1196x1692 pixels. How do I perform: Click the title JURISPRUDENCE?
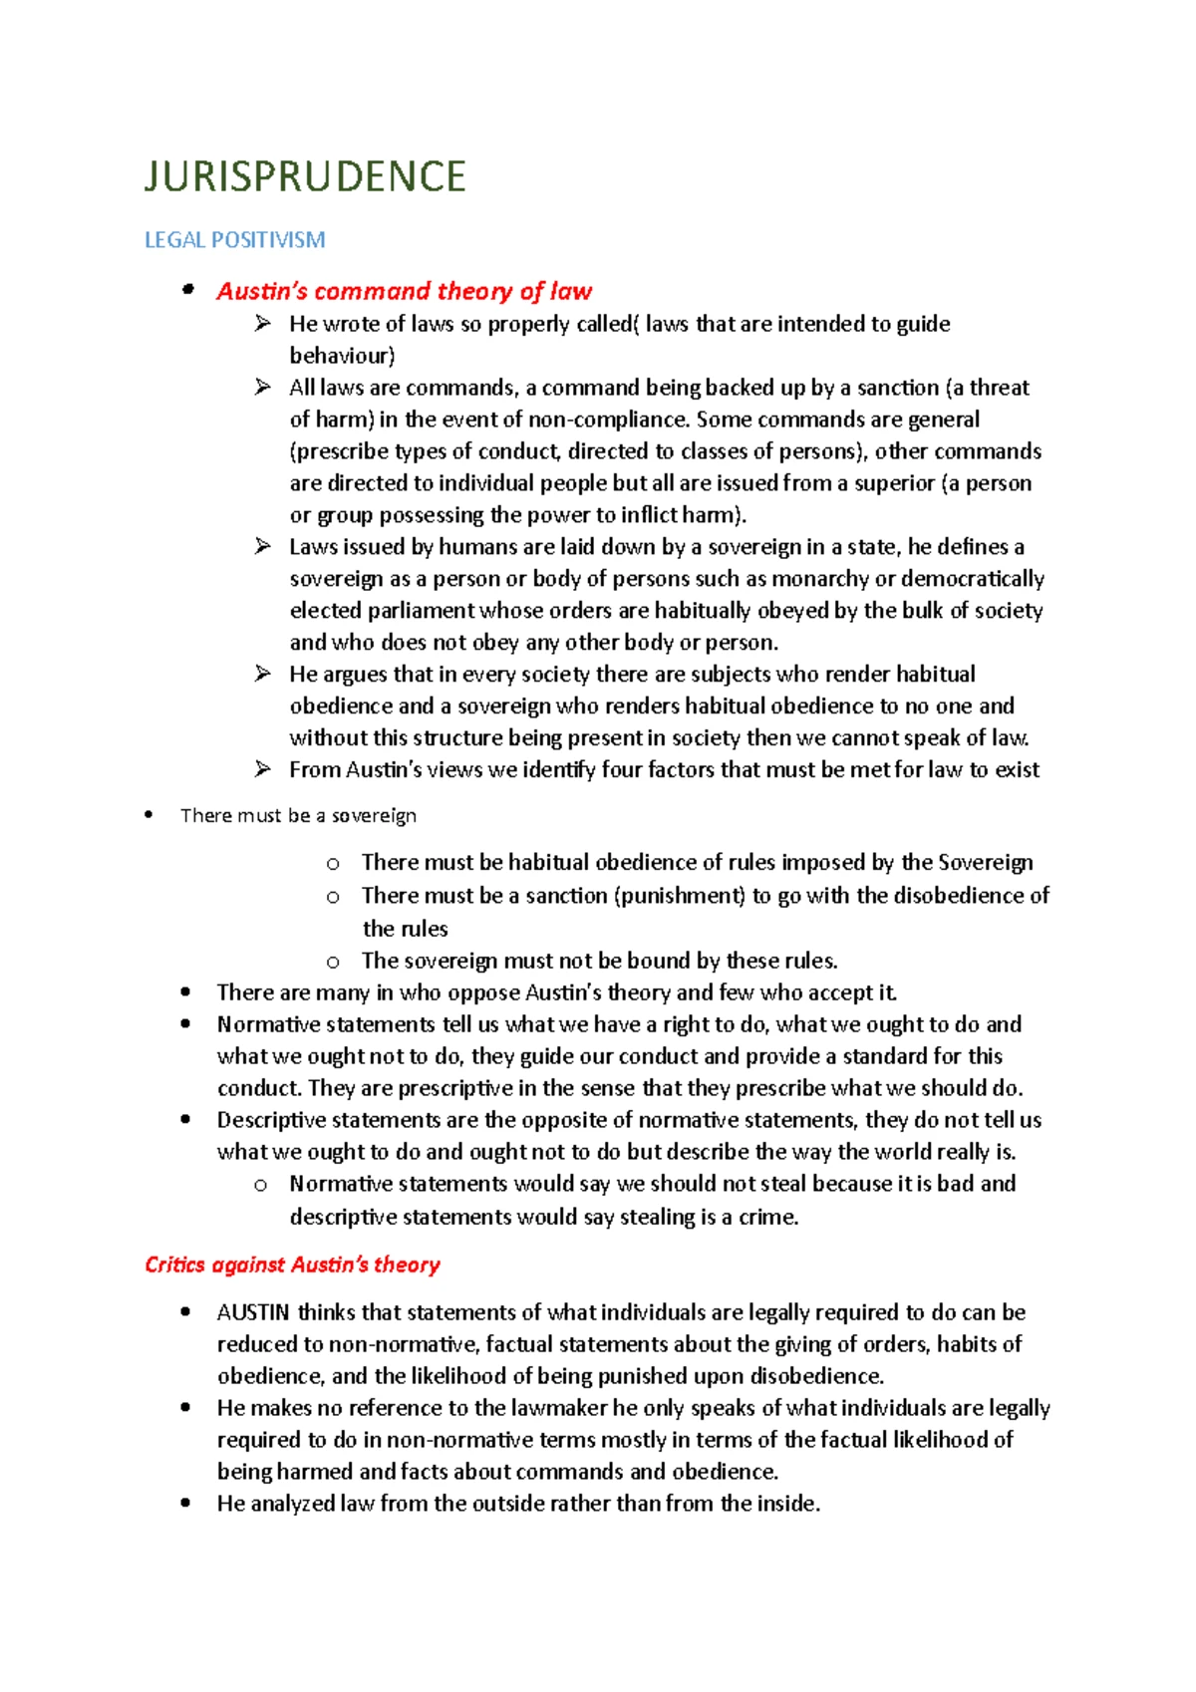tap(305, 177)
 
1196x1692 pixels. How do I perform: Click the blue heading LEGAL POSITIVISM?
tap(234, 240)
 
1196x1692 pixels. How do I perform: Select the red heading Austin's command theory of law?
tap(404, 291)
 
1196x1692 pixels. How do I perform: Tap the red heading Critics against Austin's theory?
tap(292, 1265)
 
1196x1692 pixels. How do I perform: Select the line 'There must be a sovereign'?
tap(298, 816)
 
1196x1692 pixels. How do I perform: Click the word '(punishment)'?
tap(680, 896)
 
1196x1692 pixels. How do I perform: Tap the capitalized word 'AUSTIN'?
tap(253, 1312)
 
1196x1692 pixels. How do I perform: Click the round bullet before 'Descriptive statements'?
tap(185, 1120)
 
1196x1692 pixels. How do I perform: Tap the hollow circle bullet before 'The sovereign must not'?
tap(333, 962)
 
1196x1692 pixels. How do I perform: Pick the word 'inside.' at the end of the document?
tap(788, 1504)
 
